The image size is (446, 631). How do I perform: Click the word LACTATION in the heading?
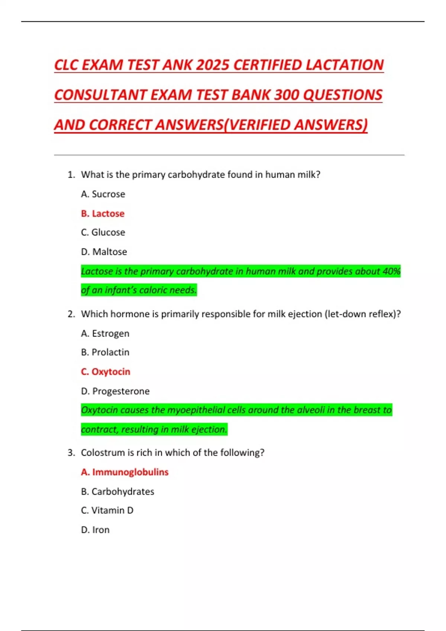click(x=345, y=65)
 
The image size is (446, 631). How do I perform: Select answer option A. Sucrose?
click(x=103, y=194)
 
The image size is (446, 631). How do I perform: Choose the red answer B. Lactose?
click(x=103, y=213)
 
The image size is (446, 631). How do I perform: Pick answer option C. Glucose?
click(x=103, y=232)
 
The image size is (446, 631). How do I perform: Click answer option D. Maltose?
click(x=104, y=252)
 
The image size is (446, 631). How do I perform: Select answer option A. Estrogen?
click(x=105, y=333)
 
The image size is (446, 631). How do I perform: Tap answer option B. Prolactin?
click(x=105, y=352)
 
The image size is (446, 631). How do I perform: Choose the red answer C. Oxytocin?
click(x=106, y=372)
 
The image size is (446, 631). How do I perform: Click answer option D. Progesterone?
click(x=115, y=391)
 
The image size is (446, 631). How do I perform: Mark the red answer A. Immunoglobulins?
click(x=125, y=472)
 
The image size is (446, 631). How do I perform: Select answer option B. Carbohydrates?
click(x=117, y=491)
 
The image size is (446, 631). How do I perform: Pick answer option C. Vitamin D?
click(x=107, y=510)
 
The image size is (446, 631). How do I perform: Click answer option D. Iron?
click(x=95, y=530)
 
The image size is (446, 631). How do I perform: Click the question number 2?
click(x=71, y=314)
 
